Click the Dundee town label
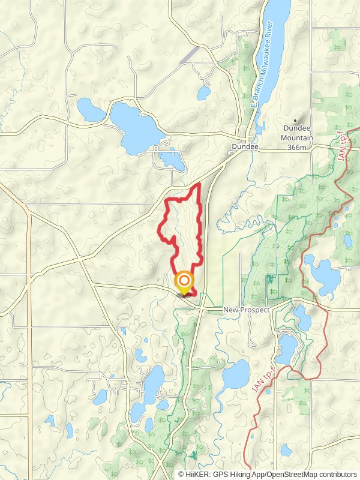point(245,146)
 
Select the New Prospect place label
point(246,310)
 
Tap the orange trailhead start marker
point(184,281)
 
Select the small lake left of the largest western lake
point(91,109)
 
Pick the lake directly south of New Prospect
point(286,347)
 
